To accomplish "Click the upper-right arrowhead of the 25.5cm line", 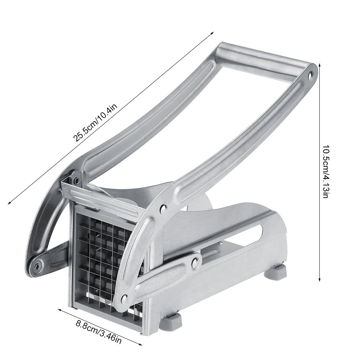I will click(x=212, y=31).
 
